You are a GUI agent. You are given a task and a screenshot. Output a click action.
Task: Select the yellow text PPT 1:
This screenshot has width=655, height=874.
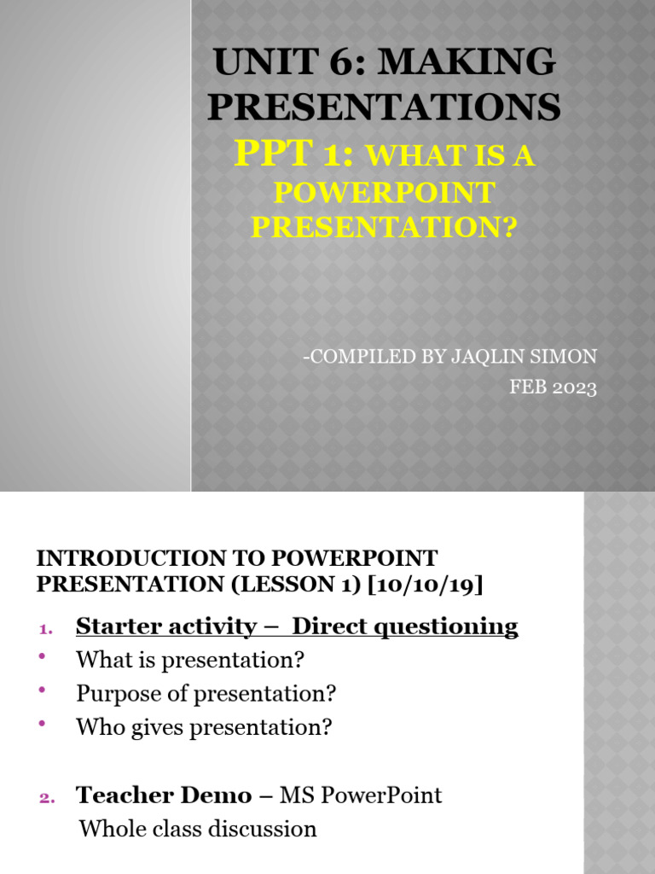pyautogui.click(x=299, y=154)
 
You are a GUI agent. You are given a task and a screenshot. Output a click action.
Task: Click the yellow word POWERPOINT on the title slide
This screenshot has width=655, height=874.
pyautogui.click(x=384, y=193)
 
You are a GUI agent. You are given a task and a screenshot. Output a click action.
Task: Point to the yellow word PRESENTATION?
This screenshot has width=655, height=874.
pyautogui.click(x=384, y=228)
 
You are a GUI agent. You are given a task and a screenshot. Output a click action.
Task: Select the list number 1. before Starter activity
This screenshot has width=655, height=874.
pyautogui.click(x=46, y=629)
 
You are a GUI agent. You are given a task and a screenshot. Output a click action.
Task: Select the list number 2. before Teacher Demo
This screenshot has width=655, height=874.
pyautogui.click(x=47, y=798)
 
